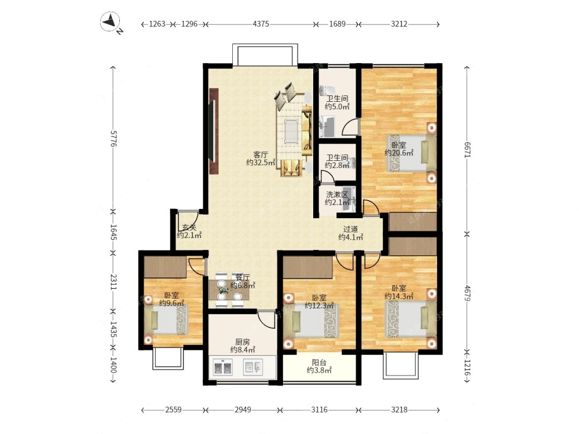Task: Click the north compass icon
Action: tap(111, 22)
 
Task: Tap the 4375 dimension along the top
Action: tap(261, 24)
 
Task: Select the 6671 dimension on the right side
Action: tap(467, 150)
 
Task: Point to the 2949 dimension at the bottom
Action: tap(243, 410)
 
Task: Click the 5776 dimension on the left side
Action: tap(113, 138)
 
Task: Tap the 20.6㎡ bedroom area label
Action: tap(399, 153)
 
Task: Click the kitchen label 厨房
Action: tap(243, 342)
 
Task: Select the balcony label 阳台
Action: tap(318, 362)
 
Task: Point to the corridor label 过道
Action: tap(350, 229)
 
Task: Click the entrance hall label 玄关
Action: tap(189, 227)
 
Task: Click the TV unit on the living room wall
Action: tap(214, 131)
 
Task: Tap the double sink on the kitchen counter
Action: tap(223, 368)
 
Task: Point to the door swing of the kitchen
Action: tap(266, 319)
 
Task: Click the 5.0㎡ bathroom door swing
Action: tap(351, 127)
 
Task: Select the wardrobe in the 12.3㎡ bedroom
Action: tap(309, 267)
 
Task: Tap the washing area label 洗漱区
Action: tap(337, 194)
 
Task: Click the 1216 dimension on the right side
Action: tap(467, 368)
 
